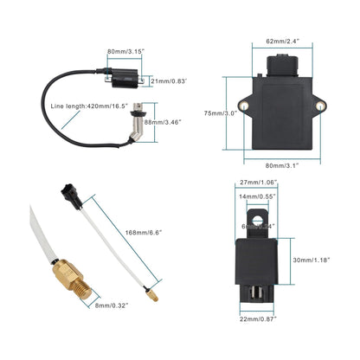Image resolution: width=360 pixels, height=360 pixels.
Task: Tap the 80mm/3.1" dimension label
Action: click(x=281, y=164)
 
